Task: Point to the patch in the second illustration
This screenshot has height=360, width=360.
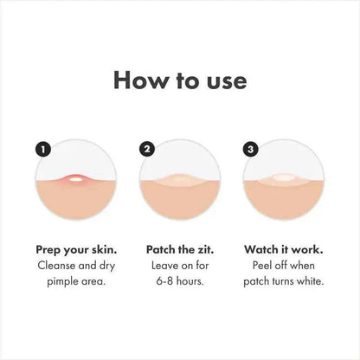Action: [x=181, y=181]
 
